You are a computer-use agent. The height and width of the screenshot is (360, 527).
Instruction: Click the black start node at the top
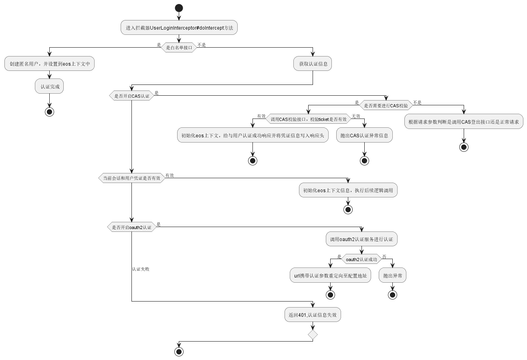pyautogui.click(x=179, y=8)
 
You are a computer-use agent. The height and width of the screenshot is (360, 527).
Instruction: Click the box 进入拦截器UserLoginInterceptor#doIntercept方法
pyautogui.click(x=179, y=28)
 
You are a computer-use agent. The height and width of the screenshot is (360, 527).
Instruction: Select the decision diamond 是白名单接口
pyautogui.click(x=179, y=47)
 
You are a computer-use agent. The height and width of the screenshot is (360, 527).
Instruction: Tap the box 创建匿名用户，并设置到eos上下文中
pyautogui.click(x=49, y=64)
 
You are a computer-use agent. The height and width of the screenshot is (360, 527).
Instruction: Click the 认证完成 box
pyautogui.click(x=49, y=86)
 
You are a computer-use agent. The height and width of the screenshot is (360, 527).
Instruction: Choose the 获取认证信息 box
pyautogui.click(x=313, y=64)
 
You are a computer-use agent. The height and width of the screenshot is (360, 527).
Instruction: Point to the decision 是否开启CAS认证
pyautogui.click(x=131, y=96)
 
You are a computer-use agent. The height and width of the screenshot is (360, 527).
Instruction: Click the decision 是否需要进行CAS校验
pyautogui.click(x=386, y=106)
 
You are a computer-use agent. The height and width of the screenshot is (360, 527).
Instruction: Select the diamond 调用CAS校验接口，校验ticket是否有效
pyautogui.click(x=308, y=119)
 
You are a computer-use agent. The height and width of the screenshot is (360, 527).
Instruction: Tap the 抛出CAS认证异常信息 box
pyautogui.click(x=364, y=135)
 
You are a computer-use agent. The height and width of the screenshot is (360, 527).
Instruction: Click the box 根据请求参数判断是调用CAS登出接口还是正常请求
pyautogui.click(x=463, y=122)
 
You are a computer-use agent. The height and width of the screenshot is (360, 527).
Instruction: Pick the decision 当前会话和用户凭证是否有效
pyautogui.click(x=131, y=178)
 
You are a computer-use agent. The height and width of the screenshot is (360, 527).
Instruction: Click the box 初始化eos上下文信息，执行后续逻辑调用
pyautogui.click(x=348, y=190)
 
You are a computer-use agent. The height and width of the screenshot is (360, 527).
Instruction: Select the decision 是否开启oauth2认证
pyautogui.click(x=131, y=227)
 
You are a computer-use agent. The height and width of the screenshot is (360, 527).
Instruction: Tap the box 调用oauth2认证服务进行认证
pyautogui.click(x=361, y=239)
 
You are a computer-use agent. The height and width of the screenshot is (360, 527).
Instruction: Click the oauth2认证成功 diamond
pyautogui.click(x=361, y=259)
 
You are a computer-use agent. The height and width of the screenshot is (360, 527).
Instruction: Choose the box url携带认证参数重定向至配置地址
pyautogui.click(x=330, y=276)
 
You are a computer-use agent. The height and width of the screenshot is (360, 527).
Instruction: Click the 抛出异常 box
pyautogui.click(x=392, y=276)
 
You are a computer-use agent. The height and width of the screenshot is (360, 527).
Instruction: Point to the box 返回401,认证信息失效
pyautogui.click(x=313, y=315)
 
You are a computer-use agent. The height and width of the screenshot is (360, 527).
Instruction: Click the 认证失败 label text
pyautogui.click(x=141, y=269)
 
